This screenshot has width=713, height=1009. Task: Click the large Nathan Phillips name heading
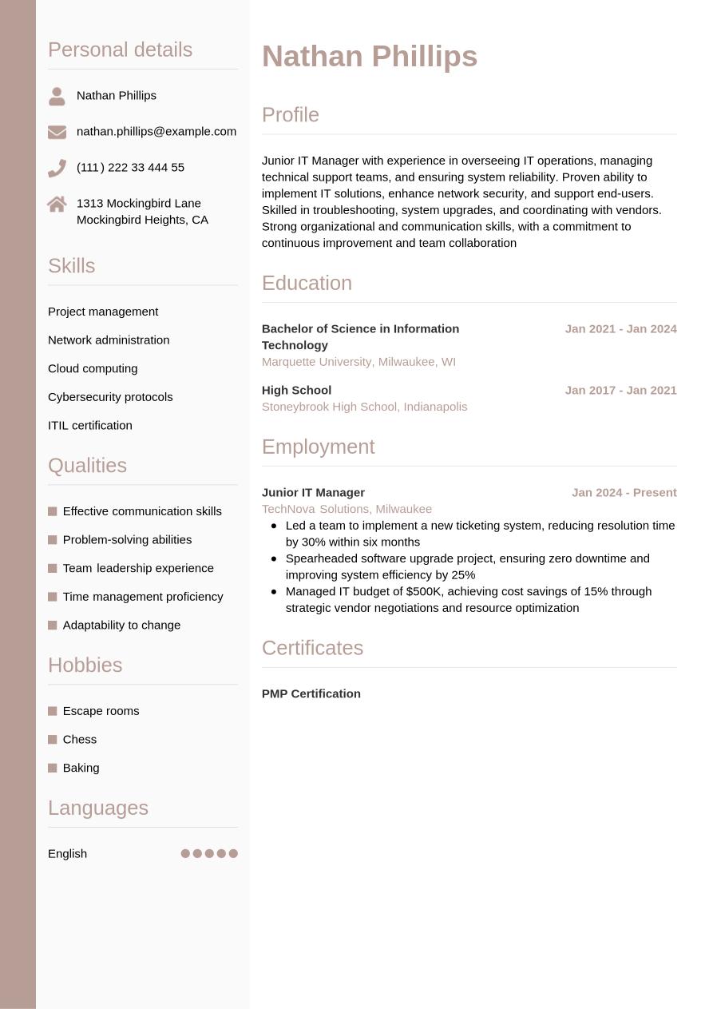(369, 57)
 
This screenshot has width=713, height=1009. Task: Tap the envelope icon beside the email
(57, 132)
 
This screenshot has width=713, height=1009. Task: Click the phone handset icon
(57, 168)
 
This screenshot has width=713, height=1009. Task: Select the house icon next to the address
(57, 205)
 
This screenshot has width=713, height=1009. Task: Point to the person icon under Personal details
(57, 96)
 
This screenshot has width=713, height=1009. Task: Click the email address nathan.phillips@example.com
(156, 131)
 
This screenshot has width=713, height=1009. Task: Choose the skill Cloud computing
(93, 368)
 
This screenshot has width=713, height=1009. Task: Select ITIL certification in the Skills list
(90, 425)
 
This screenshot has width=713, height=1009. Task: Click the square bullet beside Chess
(53, 740)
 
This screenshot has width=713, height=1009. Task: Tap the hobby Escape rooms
(101, 711)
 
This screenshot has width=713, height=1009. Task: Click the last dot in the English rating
(233, 853)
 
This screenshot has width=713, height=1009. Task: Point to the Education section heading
(307, 284)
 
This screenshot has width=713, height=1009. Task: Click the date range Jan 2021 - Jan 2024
(620, 328)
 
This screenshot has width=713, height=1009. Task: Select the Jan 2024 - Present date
(624, 492)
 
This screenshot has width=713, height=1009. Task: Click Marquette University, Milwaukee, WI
(358, 362)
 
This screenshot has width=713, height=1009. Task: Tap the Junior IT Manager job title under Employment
(313, 492)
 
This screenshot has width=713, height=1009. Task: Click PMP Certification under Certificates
(311, 693)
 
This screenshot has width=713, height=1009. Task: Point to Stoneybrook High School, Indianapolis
(364, 407)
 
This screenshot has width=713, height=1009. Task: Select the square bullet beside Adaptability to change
(53, 626)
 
